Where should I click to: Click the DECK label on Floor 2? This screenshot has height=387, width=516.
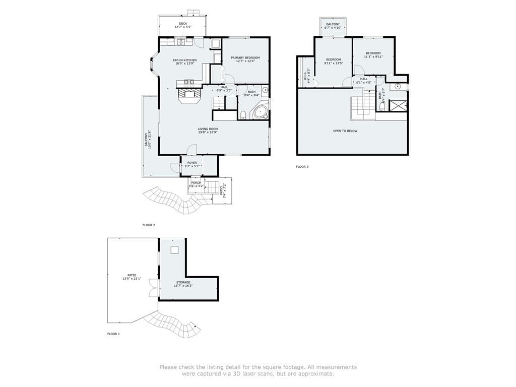tap(182, 23)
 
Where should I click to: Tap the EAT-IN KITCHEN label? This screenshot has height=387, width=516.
tap(185, 60)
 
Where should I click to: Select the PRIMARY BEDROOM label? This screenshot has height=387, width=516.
tap(245, 58)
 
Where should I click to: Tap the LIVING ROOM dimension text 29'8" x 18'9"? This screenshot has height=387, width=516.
tap(208, 132)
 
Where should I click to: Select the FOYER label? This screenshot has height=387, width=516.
tap(192, 163)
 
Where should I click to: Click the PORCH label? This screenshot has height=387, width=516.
tap(196, 182)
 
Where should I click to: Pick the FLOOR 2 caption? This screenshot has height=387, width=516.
tap(149, 225)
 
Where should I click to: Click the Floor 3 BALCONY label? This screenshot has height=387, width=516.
tap(333, 24)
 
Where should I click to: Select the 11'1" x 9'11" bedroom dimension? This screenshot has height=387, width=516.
tap(373, 57)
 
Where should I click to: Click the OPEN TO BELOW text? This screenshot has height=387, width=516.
tap(345, 131)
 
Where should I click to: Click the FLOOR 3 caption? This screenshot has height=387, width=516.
tap(302, 166)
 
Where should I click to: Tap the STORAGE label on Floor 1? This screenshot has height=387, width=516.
tap(183, 282)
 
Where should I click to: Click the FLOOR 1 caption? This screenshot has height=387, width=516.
tap(113, 334)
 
